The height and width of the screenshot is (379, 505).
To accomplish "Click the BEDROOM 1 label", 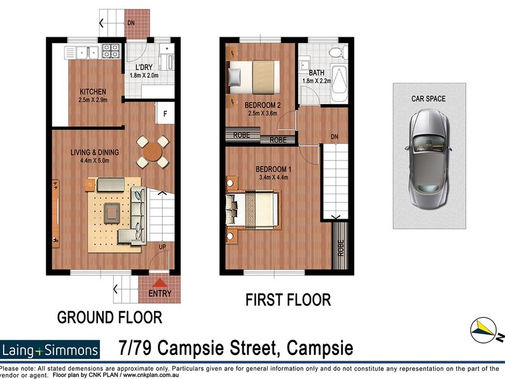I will [x=273, y=169].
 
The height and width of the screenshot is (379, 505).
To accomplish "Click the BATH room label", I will [x=316, y=73].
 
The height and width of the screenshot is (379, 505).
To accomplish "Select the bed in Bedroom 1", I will [x=256, y=208].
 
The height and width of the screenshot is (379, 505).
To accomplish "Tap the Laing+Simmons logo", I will [x=50, y=350].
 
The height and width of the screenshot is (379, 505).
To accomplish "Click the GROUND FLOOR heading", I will [x=110, y=316].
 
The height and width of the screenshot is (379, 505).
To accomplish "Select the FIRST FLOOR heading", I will [x=288, y=299].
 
